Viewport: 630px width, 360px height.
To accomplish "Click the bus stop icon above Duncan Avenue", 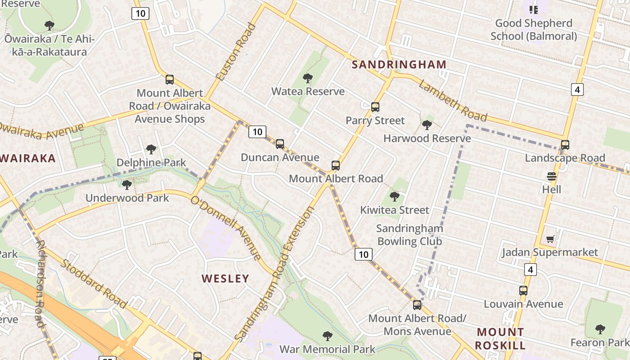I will pos(280,144).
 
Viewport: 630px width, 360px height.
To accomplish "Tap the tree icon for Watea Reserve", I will pos(308,78).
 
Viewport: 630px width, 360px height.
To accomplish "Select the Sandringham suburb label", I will pos(399,64).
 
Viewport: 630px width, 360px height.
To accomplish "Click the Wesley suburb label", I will pos(225,279).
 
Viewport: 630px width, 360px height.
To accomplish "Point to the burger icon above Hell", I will pos(552,176).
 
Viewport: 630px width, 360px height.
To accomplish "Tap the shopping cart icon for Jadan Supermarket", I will pos(550,239).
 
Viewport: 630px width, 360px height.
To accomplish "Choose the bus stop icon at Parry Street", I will pos(375,107).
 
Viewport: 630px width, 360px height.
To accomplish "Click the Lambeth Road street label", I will pos(453,102).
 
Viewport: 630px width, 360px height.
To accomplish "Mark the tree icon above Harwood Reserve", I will pos(427,125).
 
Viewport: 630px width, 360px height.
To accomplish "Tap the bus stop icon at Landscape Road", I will pos(565,145).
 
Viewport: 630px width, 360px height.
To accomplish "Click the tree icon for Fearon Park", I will pos(600,329).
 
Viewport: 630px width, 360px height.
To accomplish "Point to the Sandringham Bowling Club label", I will pos(409,235).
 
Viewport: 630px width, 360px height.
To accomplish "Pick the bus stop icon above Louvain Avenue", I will pos(523,291).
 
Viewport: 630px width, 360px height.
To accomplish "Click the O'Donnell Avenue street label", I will pos(226,228).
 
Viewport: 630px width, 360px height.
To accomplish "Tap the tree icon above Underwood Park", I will pos(127,184).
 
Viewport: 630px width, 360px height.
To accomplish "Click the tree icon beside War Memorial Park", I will pos(328,336).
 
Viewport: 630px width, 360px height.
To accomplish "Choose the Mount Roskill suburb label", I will pos(501,339).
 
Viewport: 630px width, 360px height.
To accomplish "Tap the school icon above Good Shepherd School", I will pos(534,9).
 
